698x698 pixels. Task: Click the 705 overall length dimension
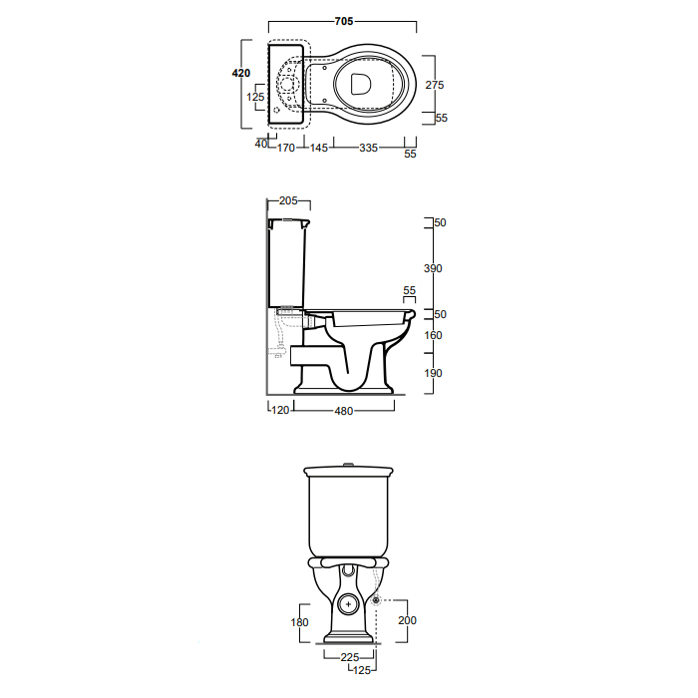pos(344,21)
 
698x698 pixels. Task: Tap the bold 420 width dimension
pos(241,73)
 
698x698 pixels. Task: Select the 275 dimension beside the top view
pos(435,85)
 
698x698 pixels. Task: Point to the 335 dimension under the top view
pos(369,148)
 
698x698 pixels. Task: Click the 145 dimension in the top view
pos(319,148)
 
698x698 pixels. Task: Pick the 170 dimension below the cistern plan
pos(286,148)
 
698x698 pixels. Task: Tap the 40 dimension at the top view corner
pos(261,144)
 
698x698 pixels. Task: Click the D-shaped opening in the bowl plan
pos(360,84)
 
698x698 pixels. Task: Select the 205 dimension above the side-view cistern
pos(288,200)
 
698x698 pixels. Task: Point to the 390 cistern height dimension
pos(433,268)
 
